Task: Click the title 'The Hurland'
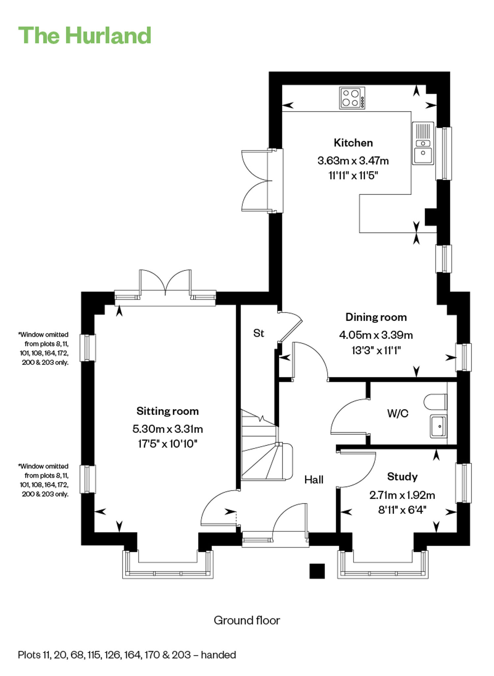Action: [85, 35]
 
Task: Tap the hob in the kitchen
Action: [352, 98]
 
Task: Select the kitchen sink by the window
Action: [423, 143]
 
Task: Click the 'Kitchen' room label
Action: [353, 143]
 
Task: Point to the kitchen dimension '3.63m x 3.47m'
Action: [353, 161]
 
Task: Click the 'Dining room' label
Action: [376, 317]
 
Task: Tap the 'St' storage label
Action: [259, 333]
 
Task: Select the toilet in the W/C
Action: [435, 402]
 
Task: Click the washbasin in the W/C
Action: [438, 426]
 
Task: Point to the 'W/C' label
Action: [398, 413]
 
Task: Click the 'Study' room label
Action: [402, 477]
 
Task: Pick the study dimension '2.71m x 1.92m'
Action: [402, 495]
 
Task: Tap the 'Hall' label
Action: [314, 480]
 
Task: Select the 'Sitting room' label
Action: [168, 411]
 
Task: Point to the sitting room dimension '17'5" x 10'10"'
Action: [167, 444]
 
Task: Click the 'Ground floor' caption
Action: [247, 620]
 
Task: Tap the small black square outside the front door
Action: [317, 571]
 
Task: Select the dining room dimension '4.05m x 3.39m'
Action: [376, 335]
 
